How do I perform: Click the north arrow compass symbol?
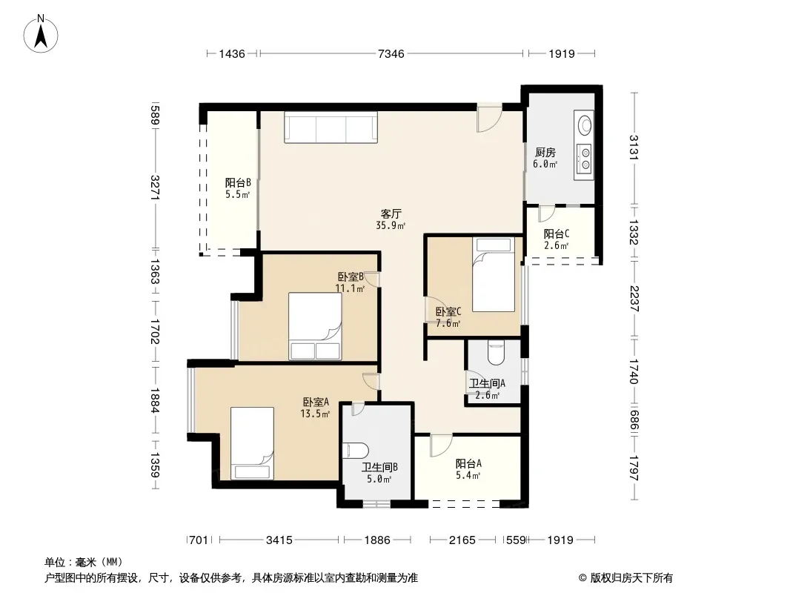tap(41, 34)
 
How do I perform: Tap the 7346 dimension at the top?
tap(391, 53)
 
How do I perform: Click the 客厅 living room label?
tap(391, 213)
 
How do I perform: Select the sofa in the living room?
tap(331, 127)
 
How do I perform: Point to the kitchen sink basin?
tap(585, 125)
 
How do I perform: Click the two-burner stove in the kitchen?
tap(585, 158)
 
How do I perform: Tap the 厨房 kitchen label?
tap(545, 152)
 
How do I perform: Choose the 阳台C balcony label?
tap(557, 233)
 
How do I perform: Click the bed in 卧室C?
tap(494, 274)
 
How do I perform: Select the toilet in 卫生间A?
tap(497, 353)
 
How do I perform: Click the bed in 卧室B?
tap(315, 326)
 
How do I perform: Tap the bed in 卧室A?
tap(253, 443)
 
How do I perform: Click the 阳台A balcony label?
tap(468, 463)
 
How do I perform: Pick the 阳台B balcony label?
tap(238, 182)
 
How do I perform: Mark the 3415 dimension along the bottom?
tap(279, 540)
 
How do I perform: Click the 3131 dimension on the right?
tap(634, 148)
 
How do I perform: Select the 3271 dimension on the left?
tap(155, 188)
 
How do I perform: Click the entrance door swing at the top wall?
tap(489, 118)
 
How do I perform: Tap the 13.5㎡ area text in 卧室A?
tap(315, 414)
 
